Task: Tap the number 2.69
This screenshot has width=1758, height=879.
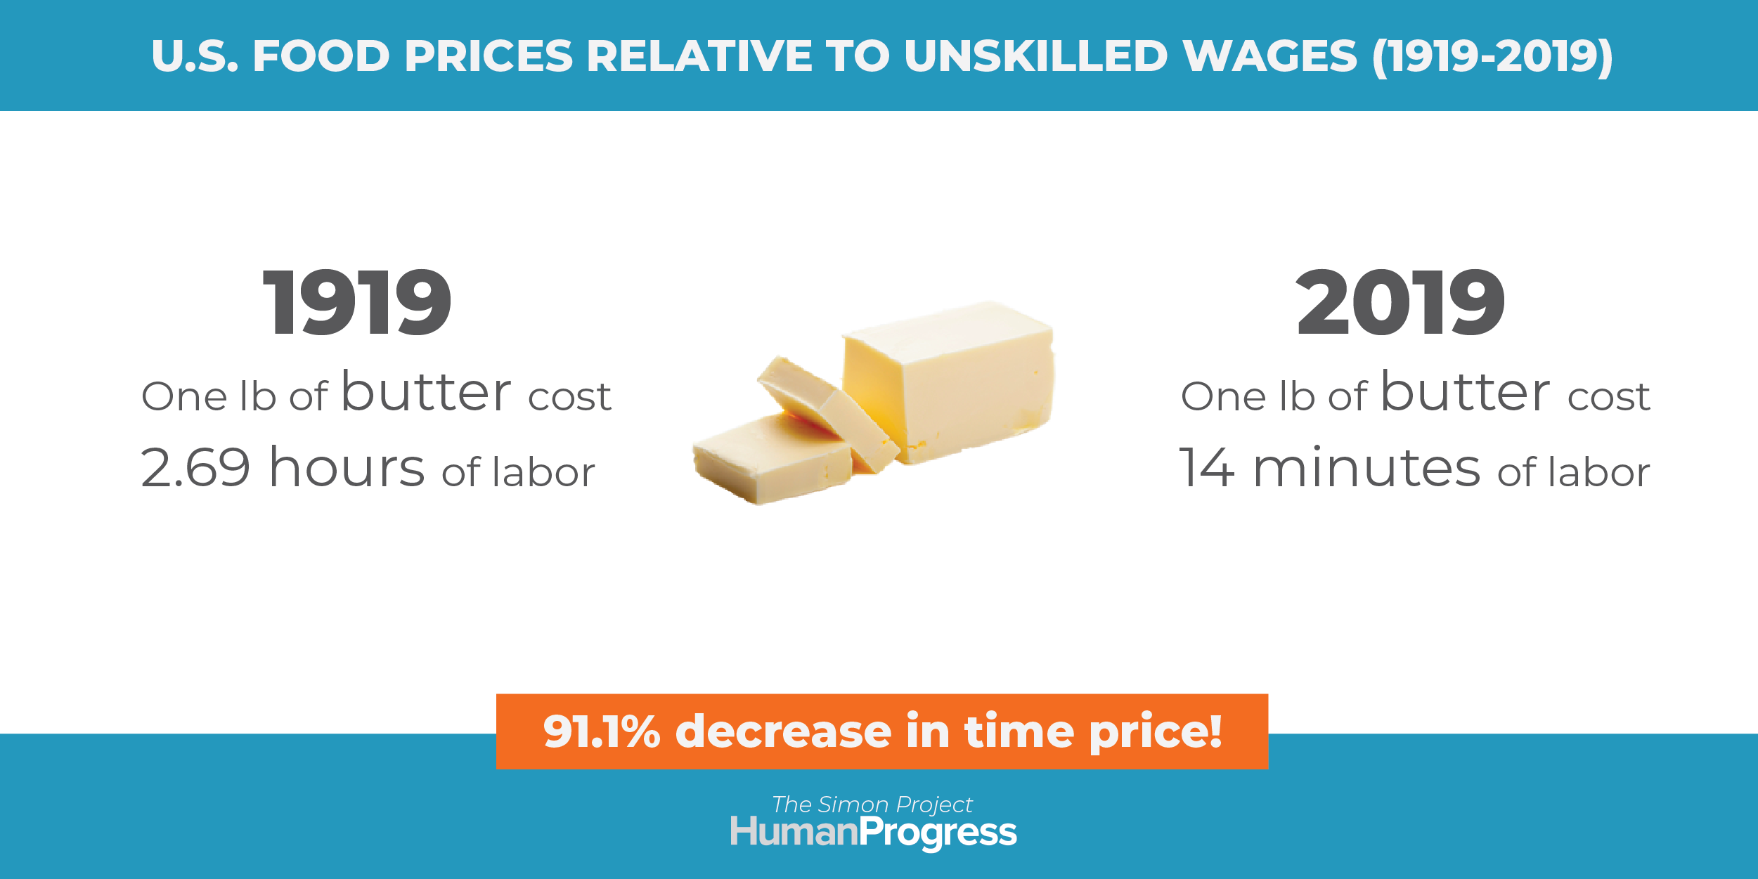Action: point(195,467)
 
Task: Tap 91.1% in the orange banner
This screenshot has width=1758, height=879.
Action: point(601,731)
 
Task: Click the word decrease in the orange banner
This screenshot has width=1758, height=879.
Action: point(784,731)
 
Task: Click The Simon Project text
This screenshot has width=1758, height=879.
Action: point(872,805)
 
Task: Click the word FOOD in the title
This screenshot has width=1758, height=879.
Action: point(321,56)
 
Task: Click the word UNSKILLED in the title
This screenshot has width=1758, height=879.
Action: point(1036,56)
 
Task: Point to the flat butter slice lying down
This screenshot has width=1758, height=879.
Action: point(772,458)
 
